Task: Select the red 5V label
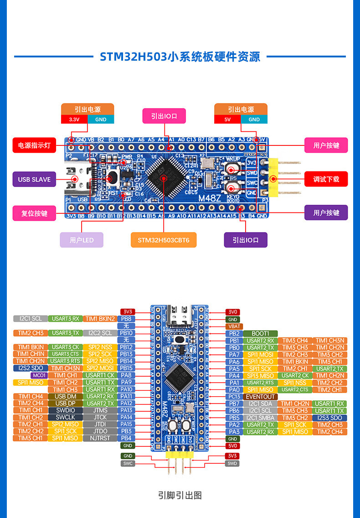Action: [227, 119]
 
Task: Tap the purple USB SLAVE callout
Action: [34, 179]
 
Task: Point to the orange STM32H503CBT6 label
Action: [164, 240]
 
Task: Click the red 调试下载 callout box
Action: [326, 179]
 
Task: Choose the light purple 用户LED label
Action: [82, 240]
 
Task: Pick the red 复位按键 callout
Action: [34, 213]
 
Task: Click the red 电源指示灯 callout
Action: [34, 145]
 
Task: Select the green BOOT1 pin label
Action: [260, 333]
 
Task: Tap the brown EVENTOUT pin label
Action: [260, 397]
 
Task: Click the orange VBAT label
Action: [233, 326]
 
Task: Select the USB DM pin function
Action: [66, 397]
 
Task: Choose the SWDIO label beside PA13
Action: [66, 410]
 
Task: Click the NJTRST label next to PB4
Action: [100, 438]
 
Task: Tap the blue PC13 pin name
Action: [234, 397]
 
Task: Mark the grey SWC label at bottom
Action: [128, 463]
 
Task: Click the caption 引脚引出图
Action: [180, 495]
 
